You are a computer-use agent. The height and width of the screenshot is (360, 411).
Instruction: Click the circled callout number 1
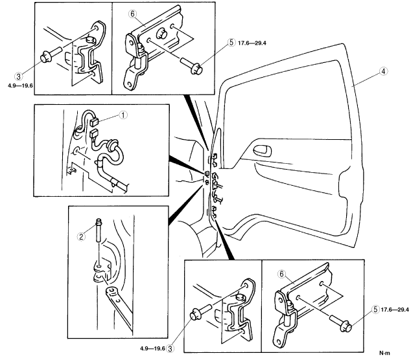coord(123,115)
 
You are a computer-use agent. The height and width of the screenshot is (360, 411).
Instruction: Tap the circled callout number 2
coord(81,237)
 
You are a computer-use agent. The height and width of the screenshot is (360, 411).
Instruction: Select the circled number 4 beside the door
coord(384,71)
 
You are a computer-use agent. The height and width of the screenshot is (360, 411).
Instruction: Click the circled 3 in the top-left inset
coord(19,76)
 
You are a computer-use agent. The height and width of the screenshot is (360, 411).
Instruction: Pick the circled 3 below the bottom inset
coord(170,348)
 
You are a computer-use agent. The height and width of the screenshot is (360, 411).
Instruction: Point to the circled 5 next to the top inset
coord(231,43)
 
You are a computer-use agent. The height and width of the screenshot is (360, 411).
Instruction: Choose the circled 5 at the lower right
coord(376,309)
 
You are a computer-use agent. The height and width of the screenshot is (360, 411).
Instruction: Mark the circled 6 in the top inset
coord(133,14)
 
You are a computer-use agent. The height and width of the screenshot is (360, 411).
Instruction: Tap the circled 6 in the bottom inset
coord(282,274)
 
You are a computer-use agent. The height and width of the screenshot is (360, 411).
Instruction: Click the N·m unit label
coord(384,353)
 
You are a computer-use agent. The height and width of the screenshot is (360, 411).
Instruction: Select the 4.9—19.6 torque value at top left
coord(21,85)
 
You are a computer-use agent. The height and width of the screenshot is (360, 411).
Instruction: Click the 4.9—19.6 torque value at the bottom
coord(152,348)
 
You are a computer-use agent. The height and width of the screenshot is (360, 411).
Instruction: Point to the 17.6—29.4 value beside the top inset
coord(252,43)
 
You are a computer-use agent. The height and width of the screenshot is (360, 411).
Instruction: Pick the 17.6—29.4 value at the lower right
coord(395,309)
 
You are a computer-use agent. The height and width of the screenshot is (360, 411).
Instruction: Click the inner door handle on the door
coord(262,151)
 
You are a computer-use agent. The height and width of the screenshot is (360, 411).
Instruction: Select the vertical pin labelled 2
coord(99,230)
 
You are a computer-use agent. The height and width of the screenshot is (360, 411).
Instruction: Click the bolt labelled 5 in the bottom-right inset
coord(340,324)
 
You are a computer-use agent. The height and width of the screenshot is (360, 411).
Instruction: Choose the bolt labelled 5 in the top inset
coord(192,65)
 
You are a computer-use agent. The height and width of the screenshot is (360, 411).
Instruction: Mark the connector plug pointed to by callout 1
coord(94,122)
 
